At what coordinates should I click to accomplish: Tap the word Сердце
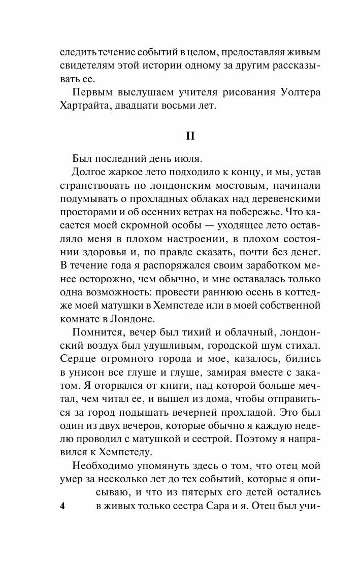79,360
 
